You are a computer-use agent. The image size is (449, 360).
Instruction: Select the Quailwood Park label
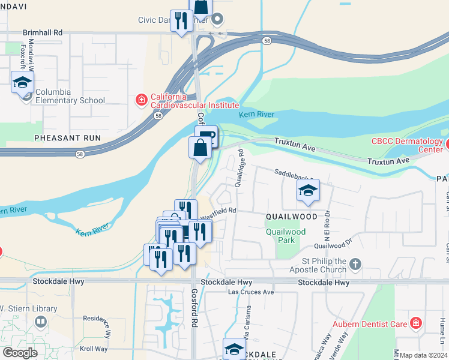pyautogui.click(x=286, y=236)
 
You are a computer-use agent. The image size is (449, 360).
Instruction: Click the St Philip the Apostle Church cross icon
pyautogui.click(x=355, y=263)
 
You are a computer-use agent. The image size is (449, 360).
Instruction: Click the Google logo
pyautogui.click(x=20, y=353)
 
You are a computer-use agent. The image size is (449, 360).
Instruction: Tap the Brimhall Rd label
pyautogui.click(x=42, y=32)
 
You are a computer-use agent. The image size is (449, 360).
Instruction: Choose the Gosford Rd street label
pyautogui.click(x=194, y=307)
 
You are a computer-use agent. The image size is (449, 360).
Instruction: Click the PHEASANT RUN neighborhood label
pyautogui.click(x=67, y=138)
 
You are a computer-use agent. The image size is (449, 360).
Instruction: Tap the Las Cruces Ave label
pyautogui.click(x=251, y=292)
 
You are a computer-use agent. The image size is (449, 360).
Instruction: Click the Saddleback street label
pyautogui.click(x=294, y=172)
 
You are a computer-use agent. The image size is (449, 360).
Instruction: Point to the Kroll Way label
pyautogui.click(x=94, y=349)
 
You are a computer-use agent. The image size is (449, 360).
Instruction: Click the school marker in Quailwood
pyautogui.click(x=307, y=191)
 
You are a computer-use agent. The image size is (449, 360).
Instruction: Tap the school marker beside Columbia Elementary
pyautogui.click(x=22, y=82)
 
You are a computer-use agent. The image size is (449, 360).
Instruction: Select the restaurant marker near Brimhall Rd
pyautogui.click(x=181, y=21)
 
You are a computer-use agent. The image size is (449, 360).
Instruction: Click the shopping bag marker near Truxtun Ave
pyautogui.click(x=200, y=147)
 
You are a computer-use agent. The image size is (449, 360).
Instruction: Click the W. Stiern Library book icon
pyautogui.click(x=40, y=322)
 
